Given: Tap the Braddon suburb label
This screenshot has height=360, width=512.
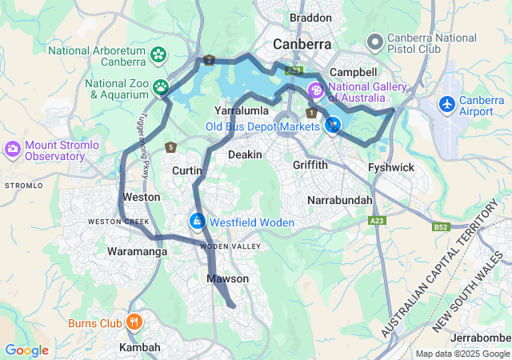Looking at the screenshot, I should [x=310, y=18].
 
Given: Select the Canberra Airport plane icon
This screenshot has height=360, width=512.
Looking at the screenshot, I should [x=446, y=104].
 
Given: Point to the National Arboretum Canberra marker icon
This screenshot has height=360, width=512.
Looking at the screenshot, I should [x=159, y=55].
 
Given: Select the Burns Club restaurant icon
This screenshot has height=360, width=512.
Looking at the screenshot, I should [x=134, y=322].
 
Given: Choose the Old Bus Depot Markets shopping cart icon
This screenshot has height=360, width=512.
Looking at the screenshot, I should [x=333, y=126].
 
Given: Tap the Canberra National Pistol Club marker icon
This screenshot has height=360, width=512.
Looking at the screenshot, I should [x=374, y=41].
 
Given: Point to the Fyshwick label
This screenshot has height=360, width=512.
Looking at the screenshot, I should [x=390, y=168].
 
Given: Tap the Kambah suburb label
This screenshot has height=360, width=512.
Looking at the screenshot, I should [x=140, y=348].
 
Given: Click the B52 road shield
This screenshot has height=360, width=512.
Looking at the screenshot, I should [x=441, y=227].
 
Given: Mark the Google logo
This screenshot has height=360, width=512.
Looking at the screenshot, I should [x=26, y=350].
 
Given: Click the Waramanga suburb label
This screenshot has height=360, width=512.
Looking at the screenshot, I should [x=137, y=251].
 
